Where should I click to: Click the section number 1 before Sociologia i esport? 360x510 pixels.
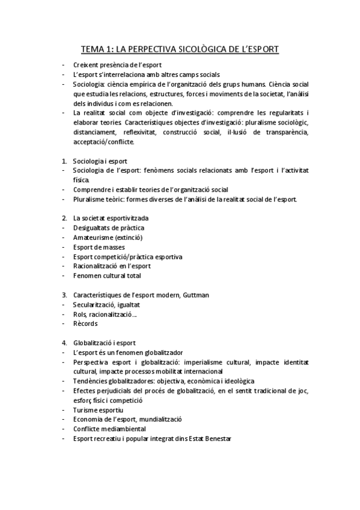point(64,161)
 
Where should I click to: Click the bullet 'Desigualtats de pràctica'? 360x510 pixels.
point(108,228)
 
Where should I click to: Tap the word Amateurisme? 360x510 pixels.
point(93,238)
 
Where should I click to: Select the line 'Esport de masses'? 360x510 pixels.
point(98,247)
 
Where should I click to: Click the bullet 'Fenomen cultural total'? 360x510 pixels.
point(106,276)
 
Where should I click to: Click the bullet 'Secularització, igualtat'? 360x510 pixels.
point(106,305)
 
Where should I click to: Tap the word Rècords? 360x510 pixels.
point(85,324)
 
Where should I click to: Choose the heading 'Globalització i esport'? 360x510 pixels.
point(104,343)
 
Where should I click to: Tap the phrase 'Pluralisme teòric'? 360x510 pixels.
point(97,199)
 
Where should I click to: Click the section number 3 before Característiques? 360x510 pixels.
point(64,295)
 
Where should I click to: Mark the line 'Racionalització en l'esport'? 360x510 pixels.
point(111,266)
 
